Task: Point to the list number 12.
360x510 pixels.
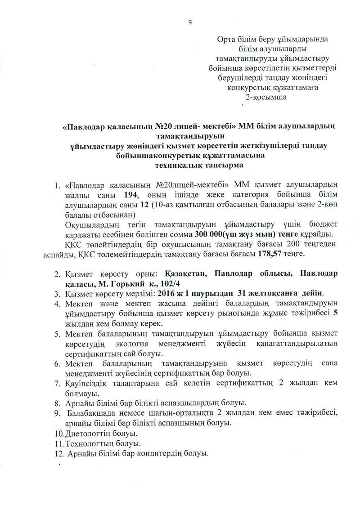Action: pyautogui.click(x=58, y=453)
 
